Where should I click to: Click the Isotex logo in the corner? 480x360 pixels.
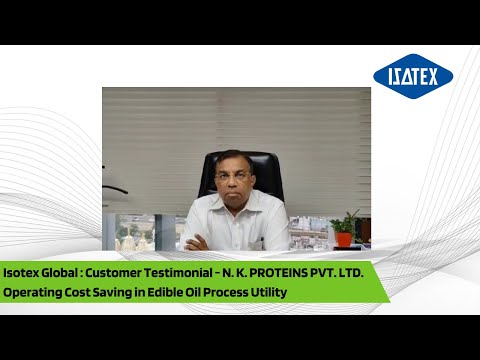(412, 77)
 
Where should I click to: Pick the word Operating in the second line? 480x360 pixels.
(34, 292)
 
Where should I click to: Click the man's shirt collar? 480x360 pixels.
(235, 199)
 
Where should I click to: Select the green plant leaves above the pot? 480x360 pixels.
(346, 222)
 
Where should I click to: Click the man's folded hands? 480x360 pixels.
(200, 242)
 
